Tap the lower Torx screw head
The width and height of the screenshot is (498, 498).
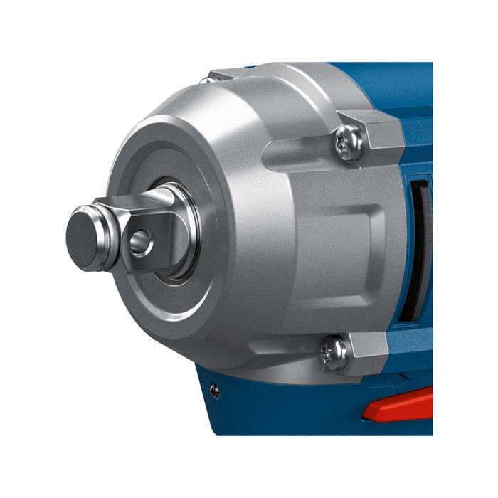point(334,351)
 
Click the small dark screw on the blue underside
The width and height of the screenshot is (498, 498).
point(214,390)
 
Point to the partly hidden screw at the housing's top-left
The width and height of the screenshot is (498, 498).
point(208,80)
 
